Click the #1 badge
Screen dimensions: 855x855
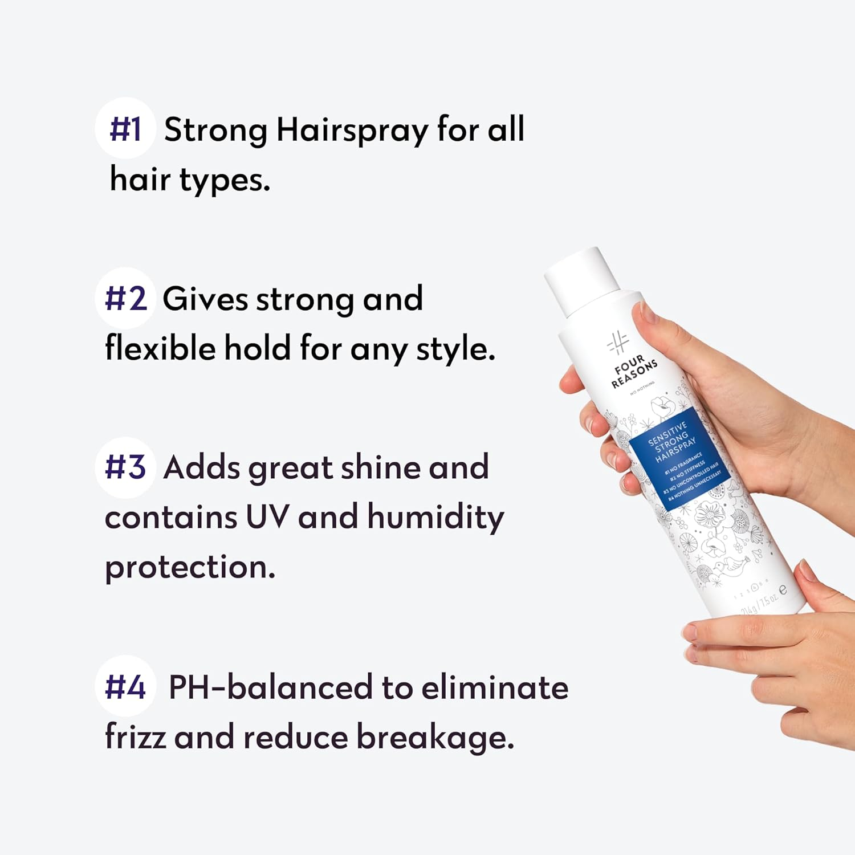click(125, 128)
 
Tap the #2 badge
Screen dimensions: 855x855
click(125, 298)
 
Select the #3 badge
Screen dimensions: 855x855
click(125, 467)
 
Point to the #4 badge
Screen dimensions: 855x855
click(125, 686)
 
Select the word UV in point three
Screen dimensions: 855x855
click(267, 517)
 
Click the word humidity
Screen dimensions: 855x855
click(435, 518)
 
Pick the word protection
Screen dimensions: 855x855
click(190, 568)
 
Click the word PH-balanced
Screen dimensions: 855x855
click(271, 687)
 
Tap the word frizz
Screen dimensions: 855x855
click(135, 736)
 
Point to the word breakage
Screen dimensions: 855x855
click(435, 738)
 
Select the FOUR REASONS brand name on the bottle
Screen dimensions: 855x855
click(633, 372)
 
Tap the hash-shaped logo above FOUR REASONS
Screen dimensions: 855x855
click(617, 343)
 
